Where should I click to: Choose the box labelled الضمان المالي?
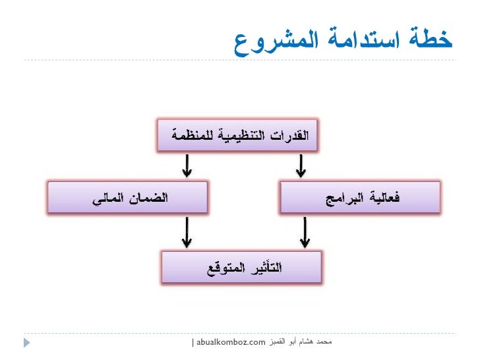coord(128,197)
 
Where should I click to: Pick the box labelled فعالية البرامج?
coord(359,197)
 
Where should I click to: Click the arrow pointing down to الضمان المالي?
coord(187,166)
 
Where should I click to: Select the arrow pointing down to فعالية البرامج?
coord(301,166)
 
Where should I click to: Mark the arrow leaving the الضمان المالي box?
coord(187,232)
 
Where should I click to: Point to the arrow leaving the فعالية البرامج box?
coord(305,232)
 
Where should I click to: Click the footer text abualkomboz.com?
coord(231,342)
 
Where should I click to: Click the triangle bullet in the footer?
coord(27,343)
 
